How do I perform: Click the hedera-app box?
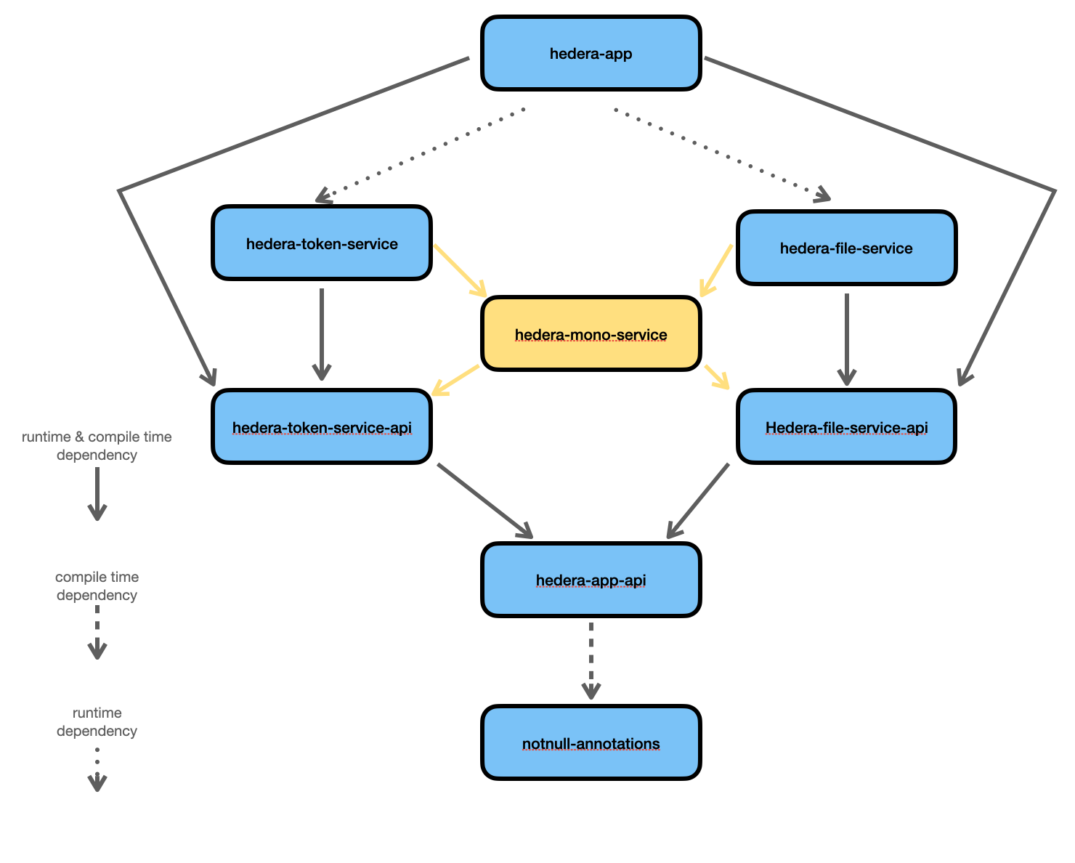point(591,54)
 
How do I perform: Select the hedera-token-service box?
point(322,243)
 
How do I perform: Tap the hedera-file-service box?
point(846,248)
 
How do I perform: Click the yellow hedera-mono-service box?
point(591,334)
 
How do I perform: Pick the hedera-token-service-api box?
point(322,427)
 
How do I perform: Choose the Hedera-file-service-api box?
point(846,427)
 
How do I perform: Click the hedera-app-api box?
point(591,580)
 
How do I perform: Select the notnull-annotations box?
point(591,743)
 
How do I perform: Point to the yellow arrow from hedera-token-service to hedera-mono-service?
point(460,270)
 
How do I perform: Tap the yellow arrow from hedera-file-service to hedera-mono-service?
point(717,270)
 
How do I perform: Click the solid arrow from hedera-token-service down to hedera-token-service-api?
point(321,334)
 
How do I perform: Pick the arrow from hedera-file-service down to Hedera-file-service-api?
point(846,339)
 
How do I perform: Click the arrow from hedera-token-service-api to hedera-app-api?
point(484,501)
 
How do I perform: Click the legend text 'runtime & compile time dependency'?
point(97,445)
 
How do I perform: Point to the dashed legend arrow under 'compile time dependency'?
point(97,632)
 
